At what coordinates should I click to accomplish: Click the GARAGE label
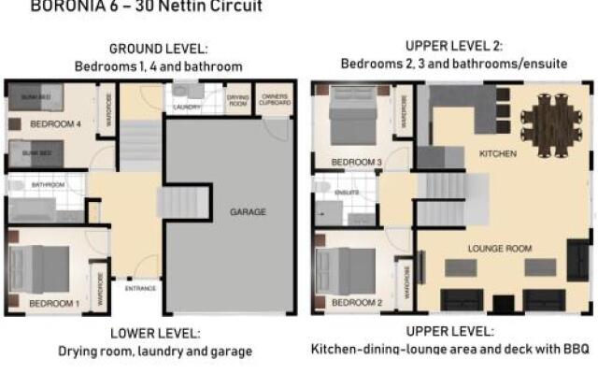248,212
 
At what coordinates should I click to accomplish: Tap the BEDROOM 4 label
56,123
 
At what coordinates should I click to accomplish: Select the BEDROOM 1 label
53,305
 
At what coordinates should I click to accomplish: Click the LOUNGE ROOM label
499,249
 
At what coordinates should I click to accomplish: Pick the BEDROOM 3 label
357,162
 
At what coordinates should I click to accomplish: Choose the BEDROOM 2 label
357,303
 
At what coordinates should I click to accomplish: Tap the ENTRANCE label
140,289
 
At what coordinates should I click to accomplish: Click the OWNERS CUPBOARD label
273,99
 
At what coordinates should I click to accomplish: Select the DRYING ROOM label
238,99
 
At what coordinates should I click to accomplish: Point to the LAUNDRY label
187,107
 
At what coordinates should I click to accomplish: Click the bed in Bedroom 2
344,269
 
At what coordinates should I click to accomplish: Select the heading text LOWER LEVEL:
154,334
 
